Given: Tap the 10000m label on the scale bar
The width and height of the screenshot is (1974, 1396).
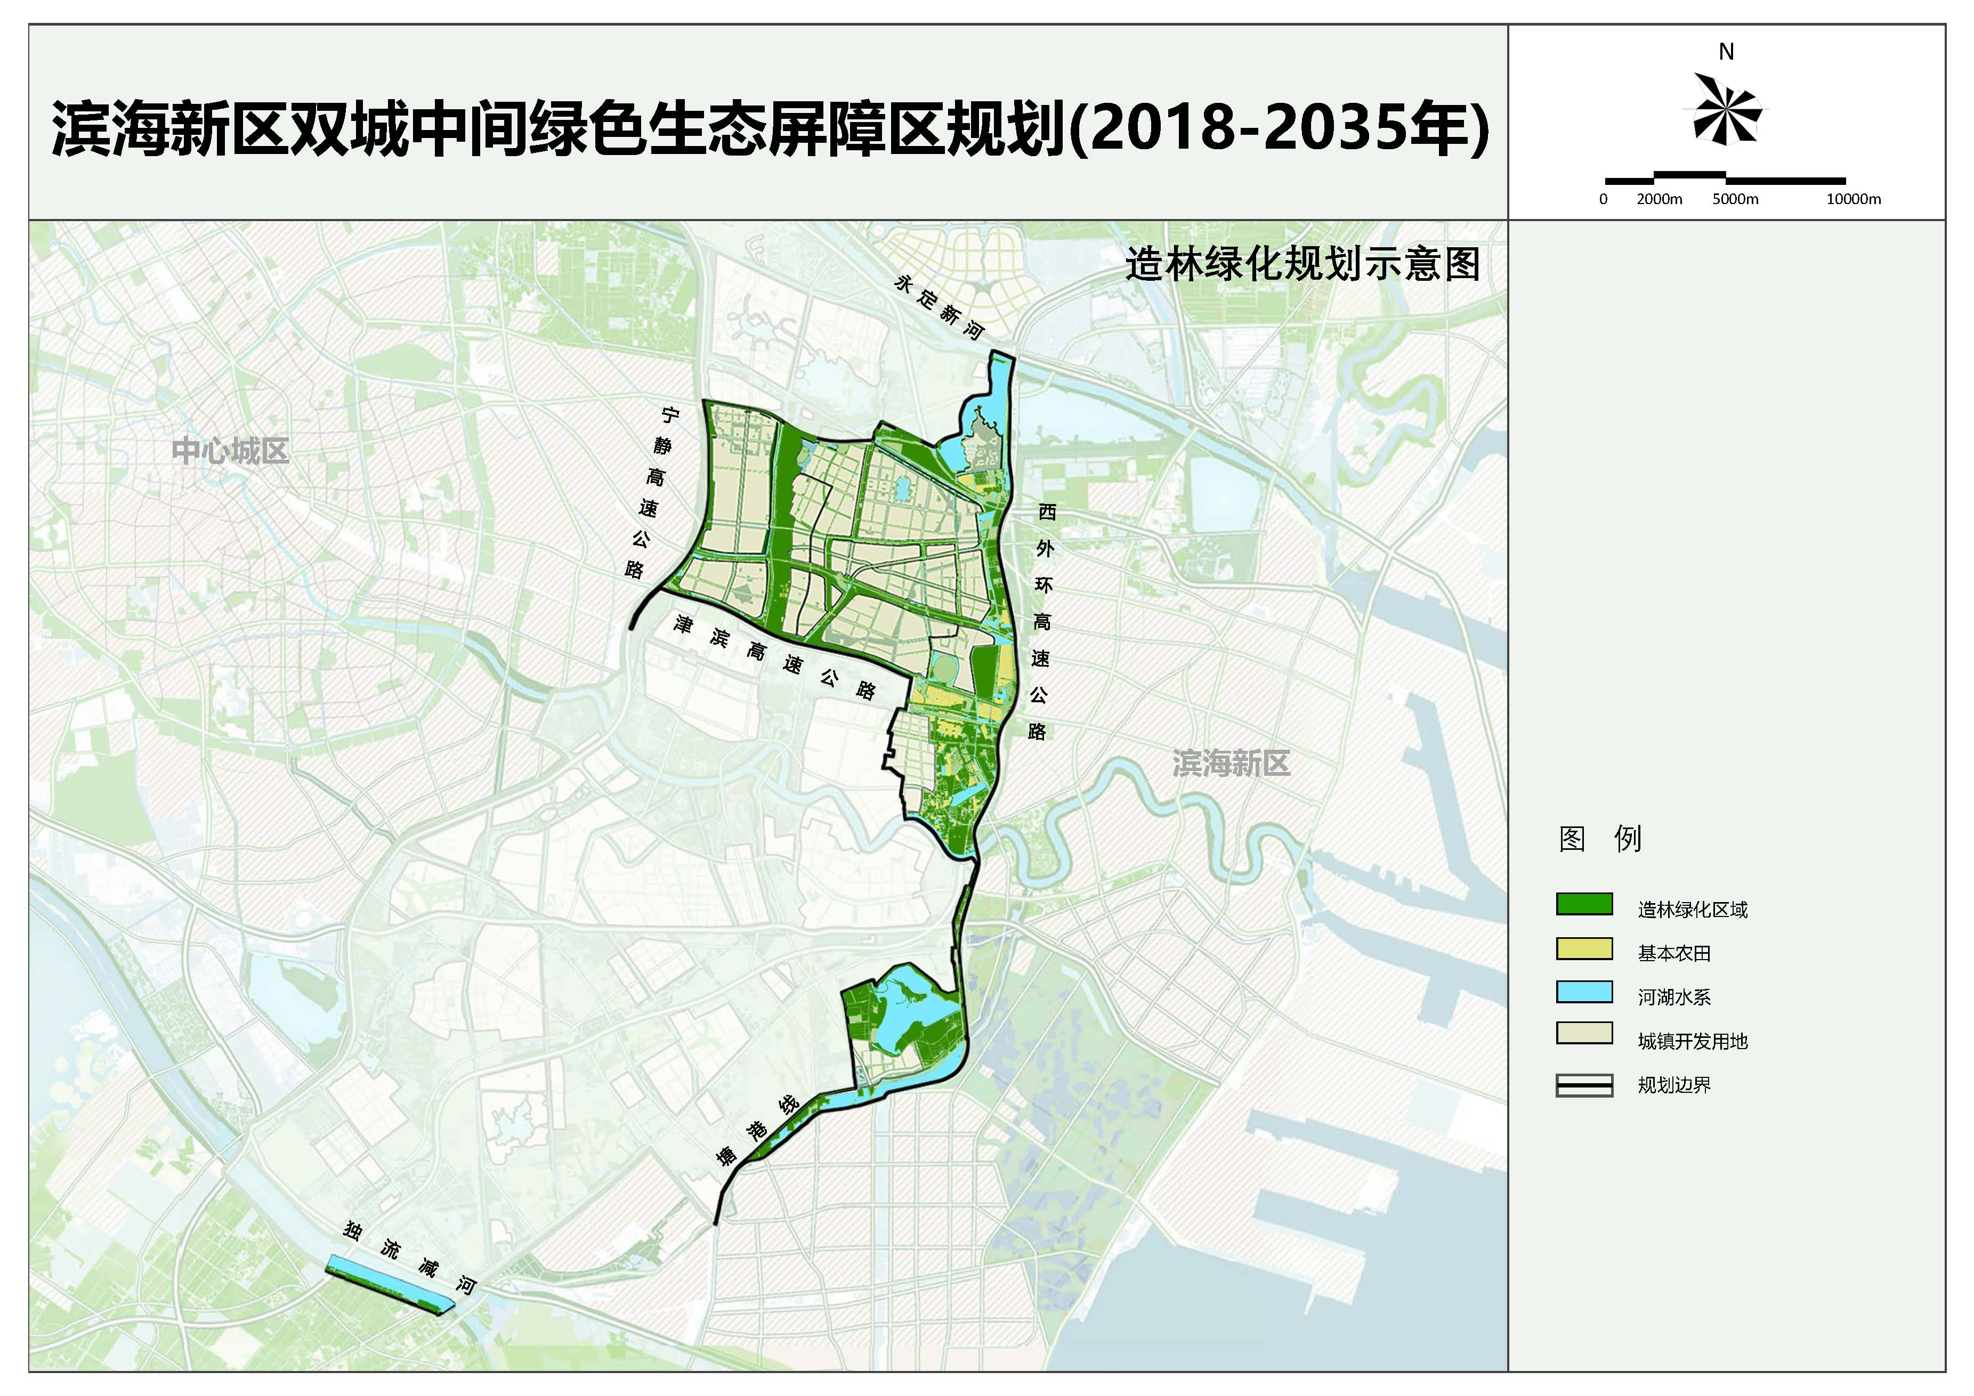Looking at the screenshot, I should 1854,199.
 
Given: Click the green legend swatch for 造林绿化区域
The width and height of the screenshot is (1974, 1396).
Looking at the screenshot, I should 1584,904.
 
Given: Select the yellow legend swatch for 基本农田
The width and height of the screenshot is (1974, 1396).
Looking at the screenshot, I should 1584,947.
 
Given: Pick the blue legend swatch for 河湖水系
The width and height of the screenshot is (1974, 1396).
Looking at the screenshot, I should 1584,991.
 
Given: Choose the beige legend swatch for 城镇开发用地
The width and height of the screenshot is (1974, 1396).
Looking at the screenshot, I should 1584,1035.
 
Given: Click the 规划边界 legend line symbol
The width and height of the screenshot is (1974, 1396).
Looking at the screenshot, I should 1584,1086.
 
